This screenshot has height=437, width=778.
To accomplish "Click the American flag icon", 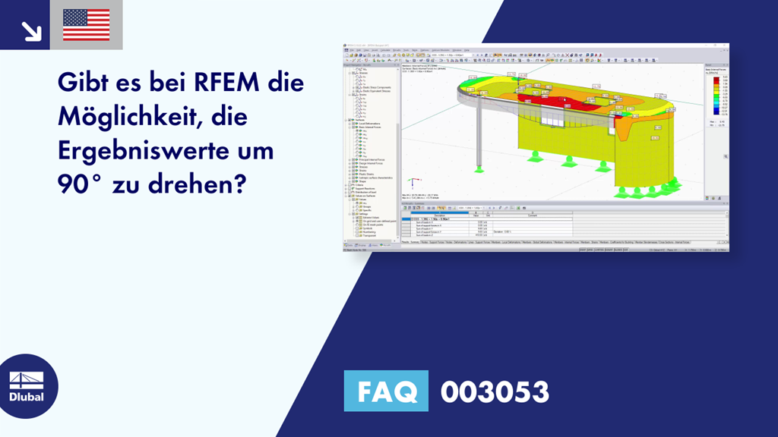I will click(x=86, y=24).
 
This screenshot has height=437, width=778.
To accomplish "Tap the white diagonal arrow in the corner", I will click(x=31, y=30).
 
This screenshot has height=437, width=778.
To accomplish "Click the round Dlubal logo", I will click(x=29, y=386).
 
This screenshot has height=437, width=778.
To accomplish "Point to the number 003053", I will click(x=495, y=391).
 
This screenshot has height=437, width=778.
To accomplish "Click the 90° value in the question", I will click(x=79, y=185).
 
